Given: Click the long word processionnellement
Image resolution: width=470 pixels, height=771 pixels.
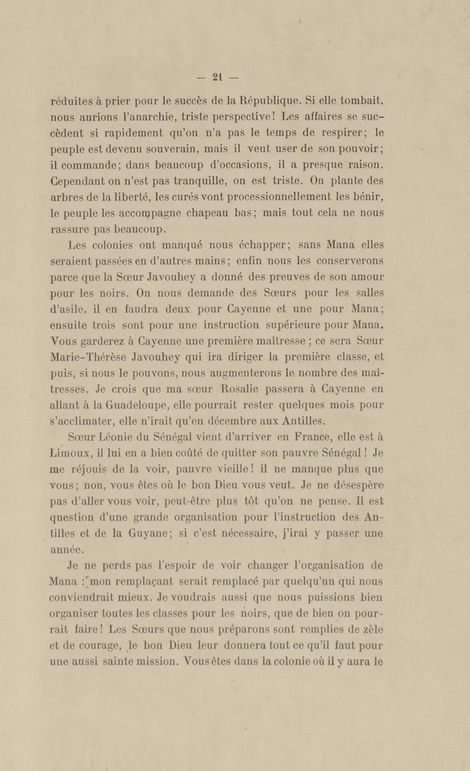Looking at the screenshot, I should pyautogui.click(x=279, y=197).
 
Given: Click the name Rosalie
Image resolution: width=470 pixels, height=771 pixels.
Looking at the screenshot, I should pyautogui.click(x=239, y=389).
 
